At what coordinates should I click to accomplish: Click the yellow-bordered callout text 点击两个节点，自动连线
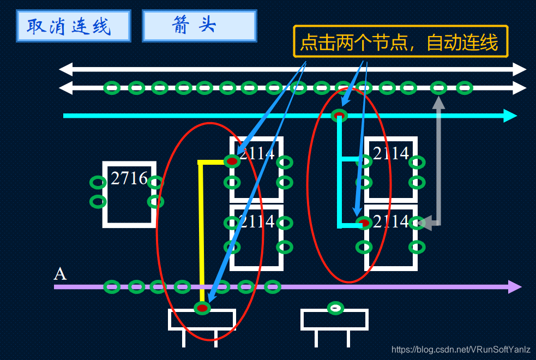click(400, 41)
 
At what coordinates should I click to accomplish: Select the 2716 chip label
click(129, 178)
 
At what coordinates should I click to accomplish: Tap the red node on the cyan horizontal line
click(339, 115)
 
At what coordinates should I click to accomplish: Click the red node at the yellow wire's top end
click(232, 161)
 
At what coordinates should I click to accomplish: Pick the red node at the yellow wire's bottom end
click(202, 308)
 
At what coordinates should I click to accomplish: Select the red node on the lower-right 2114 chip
click(364, 223)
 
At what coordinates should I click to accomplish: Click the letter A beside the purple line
click(60, 274)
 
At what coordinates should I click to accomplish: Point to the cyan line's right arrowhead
click(510, 116)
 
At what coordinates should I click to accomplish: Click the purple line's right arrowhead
click(515, 287)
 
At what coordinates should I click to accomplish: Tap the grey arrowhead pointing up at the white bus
click(438, 102)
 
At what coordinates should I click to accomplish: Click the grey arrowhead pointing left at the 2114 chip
click(425, 223)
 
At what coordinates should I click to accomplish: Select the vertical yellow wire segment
click(201, 229)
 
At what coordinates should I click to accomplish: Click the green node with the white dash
click(336, 308)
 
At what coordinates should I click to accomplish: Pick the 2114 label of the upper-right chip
click(391, 154)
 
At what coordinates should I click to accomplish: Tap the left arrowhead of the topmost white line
click(65, 69)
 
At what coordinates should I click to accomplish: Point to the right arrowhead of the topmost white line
click(520, 69)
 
